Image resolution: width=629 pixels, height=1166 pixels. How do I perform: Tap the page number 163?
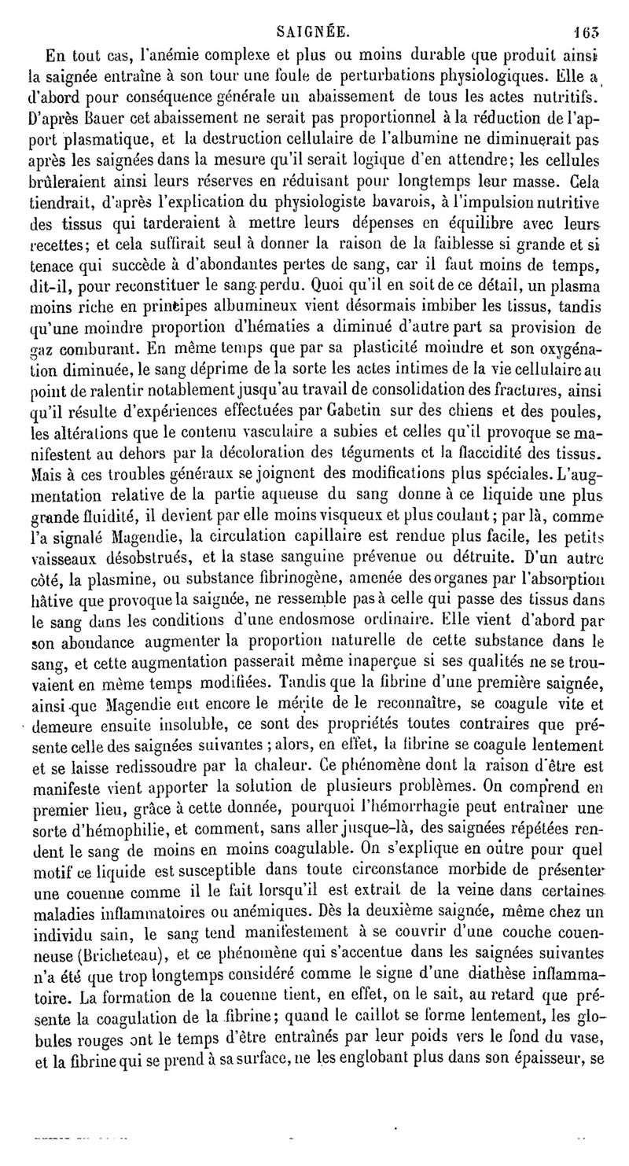[588, 32]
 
